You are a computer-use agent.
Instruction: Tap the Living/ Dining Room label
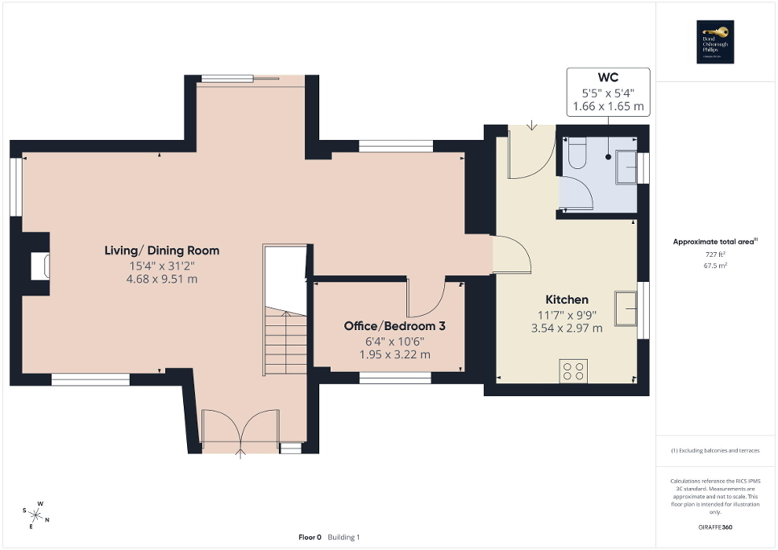click(x=161, y=250)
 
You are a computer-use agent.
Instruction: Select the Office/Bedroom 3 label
click(x=394, y=326)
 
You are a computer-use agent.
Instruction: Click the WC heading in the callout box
click(x=608, y=78)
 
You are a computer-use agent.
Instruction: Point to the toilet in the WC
click(x=576, y=154)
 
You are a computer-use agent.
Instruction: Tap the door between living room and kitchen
click(x=510, y=255)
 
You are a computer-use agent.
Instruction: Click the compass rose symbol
click(x=36, y=513)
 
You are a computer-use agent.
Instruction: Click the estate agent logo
click(x=716, y=41)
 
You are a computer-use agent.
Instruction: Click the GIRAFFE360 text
click(x=716, y=527)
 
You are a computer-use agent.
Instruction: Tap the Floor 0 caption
click(x=310, y=537)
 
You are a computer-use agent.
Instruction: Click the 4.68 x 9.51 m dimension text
click(x=161, y=279)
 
